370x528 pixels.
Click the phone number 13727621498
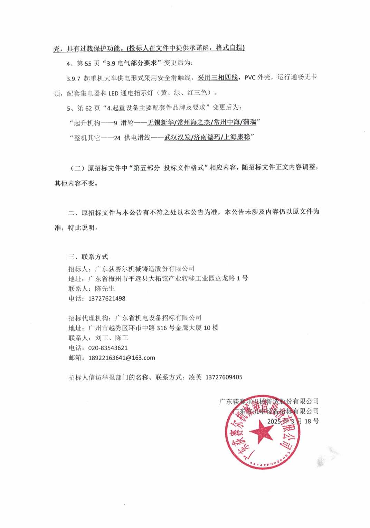click(107, 298)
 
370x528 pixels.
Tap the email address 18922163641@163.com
click(122, 358)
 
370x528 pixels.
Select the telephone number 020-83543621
click(108, 348)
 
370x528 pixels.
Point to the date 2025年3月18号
click(293, 421)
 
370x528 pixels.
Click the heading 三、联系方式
click(88, 257)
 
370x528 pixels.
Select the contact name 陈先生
click(105, 288)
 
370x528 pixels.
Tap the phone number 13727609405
click(224, 377)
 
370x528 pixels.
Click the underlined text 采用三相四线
click(218, 78)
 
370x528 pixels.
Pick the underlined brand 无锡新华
click(161, 122)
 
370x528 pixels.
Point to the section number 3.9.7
click(74, 78)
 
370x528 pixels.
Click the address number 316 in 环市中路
click(162, 328)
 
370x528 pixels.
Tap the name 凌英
click(195, 377)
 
